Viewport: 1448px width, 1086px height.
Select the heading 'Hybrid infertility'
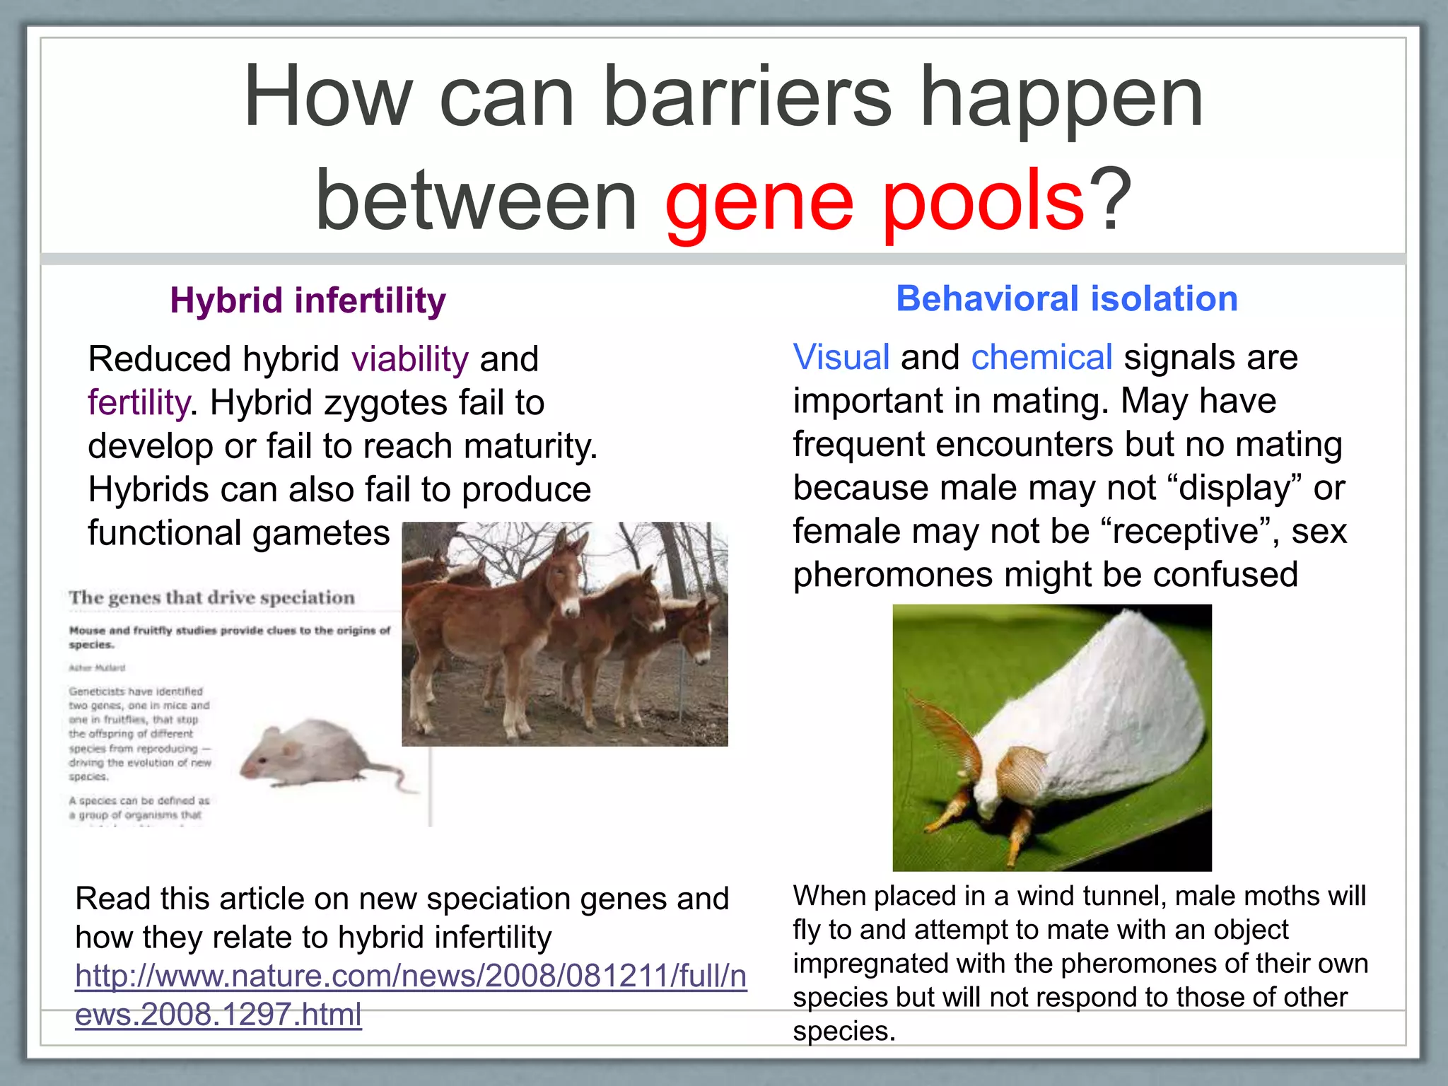pyautogui.click(x=308, y=300)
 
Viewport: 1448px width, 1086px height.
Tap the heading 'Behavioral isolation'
pyautogui.click(x=1067, y=298)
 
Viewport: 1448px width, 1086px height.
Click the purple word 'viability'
pyautogui.click(x=409, y=359)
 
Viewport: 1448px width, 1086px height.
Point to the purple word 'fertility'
pyautogui.click(x=138, y=403)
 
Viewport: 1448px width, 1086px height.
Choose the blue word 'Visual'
pyautogui.click(x=841, y=357)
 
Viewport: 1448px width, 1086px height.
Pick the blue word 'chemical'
pyautogui.click(x=1041, y=357)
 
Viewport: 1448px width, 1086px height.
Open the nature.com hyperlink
pyautogui.click(x=410, y=977)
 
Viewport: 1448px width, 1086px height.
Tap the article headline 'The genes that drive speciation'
pyautogui.click(x=211, y=598)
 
